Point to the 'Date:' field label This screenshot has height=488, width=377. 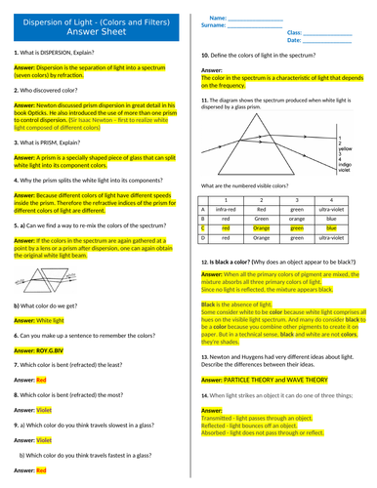tap(294, 42)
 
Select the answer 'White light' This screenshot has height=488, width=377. tap(51, 319)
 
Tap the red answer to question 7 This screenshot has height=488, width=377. tap(41, 379)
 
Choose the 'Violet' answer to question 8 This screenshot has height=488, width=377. tap(43, 410)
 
